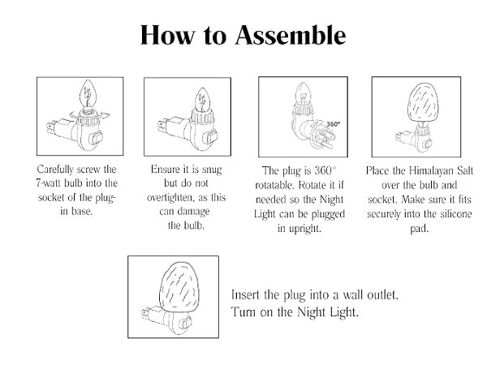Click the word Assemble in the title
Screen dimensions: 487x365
291,35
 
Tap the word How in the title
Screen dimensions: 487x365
167,35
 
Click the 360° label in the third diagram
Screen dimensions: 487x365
334,124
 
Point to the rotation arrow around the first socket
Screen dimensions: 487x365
89,116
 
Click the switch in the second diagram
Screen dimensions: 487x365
209,138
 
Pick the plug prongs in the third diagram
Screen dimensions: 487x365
325,139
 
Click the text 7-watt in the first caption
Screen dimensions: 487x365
49,183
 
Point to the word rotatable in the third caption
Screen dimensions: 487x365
274,185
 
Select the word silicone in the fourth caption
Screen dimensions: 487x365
456,214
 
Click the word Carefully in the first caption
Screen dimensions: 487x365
55,170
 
